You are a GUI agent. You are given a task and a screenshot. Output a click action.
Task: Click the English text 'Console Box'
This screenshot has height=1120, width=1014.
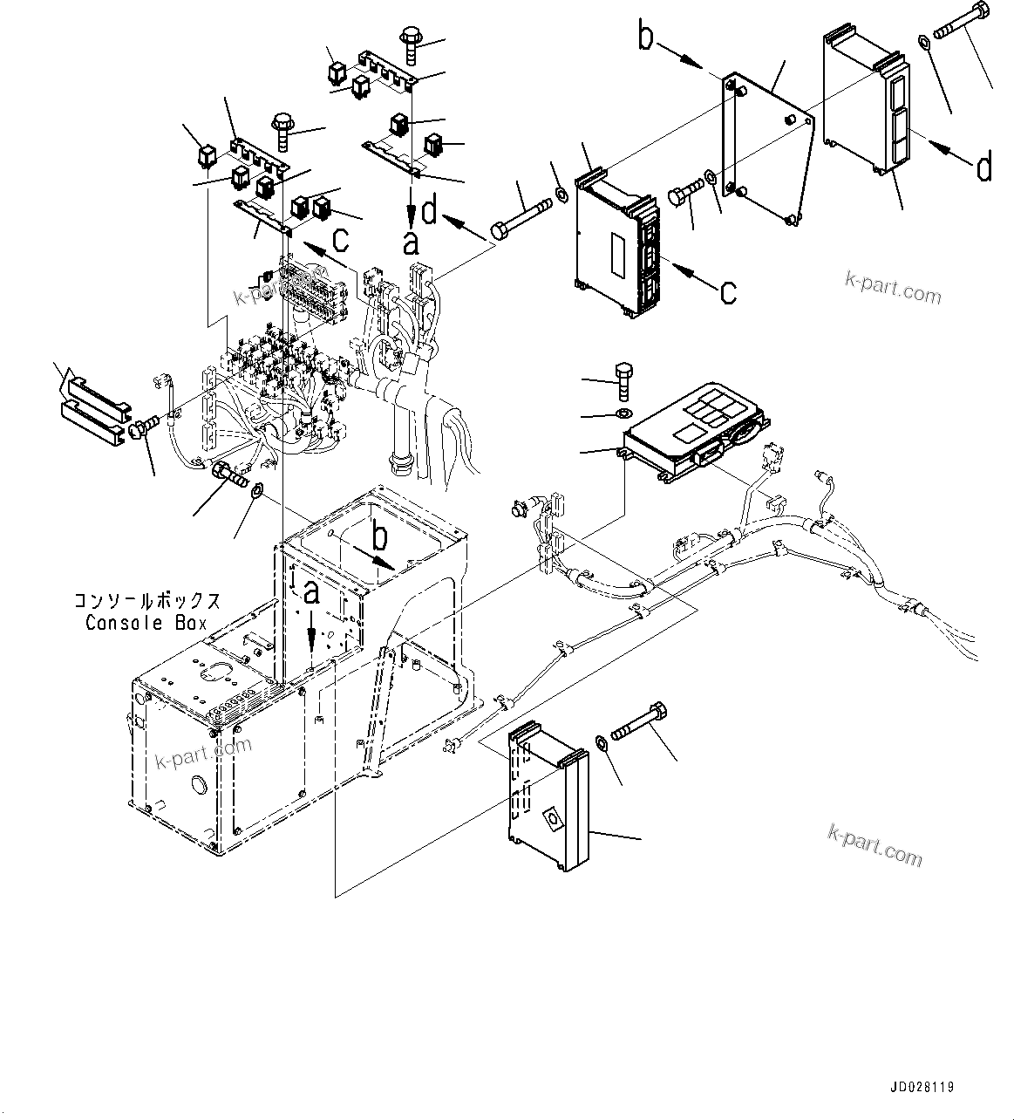[x=146, y=623]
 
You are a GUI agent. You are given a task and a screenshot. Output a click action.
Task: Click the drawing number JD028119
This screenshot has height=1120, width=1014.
[x=922, y=1087]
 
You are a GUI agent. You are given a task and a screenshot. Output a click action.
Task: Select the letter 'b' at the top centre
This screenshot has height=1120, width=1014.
[x=645, y=38]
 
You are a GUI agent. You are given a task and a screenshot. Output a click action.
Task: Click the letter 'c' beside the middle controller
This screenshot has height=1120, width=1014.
[x=728, y=291]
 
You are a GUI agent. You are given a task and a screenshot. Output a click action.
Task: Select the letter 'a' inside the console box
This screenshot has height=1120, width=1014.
[x=311, y=596]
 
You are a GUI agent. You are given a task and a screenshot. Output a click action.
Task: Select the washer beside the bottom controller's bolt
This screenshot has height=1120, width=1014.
[x=602, y=742]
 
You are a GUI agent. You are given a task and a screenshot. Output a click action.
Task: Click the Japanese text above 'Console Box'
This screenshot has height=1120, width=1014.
[x=146, y=602]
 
